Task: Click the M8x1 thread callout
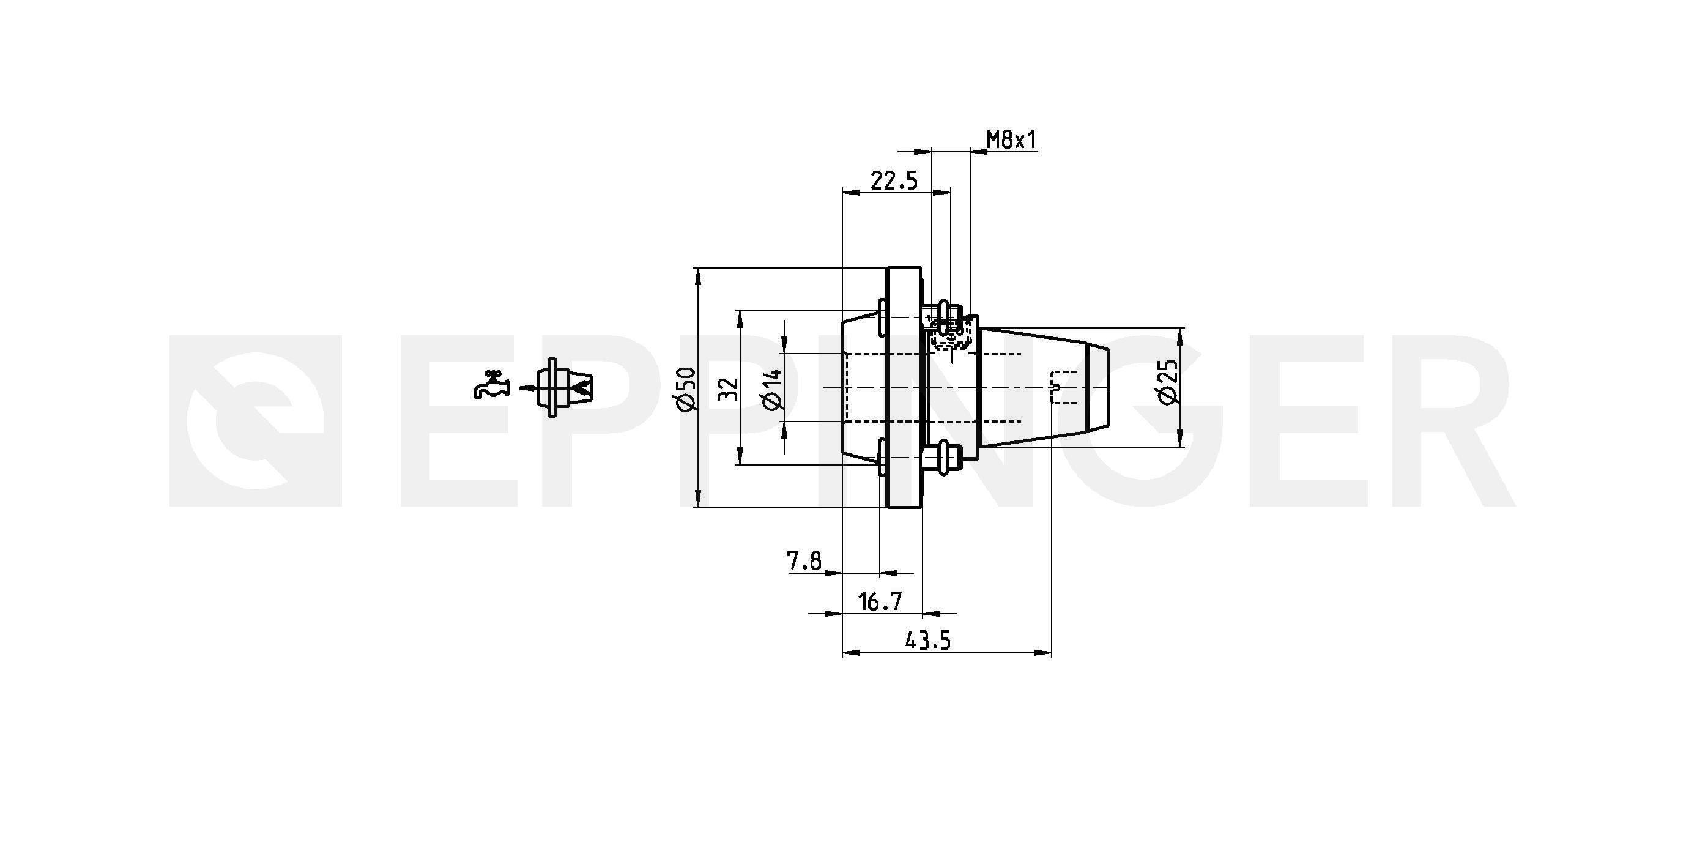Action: [1011, 139]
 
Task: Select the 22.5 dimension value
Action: [894, 180]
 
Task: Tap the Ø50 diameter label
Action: [686, 390]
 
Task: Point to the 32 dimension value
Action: [729, 389]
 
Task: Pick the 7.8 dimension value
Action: [804, 561]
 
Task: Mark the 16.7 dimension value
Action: [880, 601]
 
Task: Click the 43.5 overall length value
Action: [928, 641]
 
